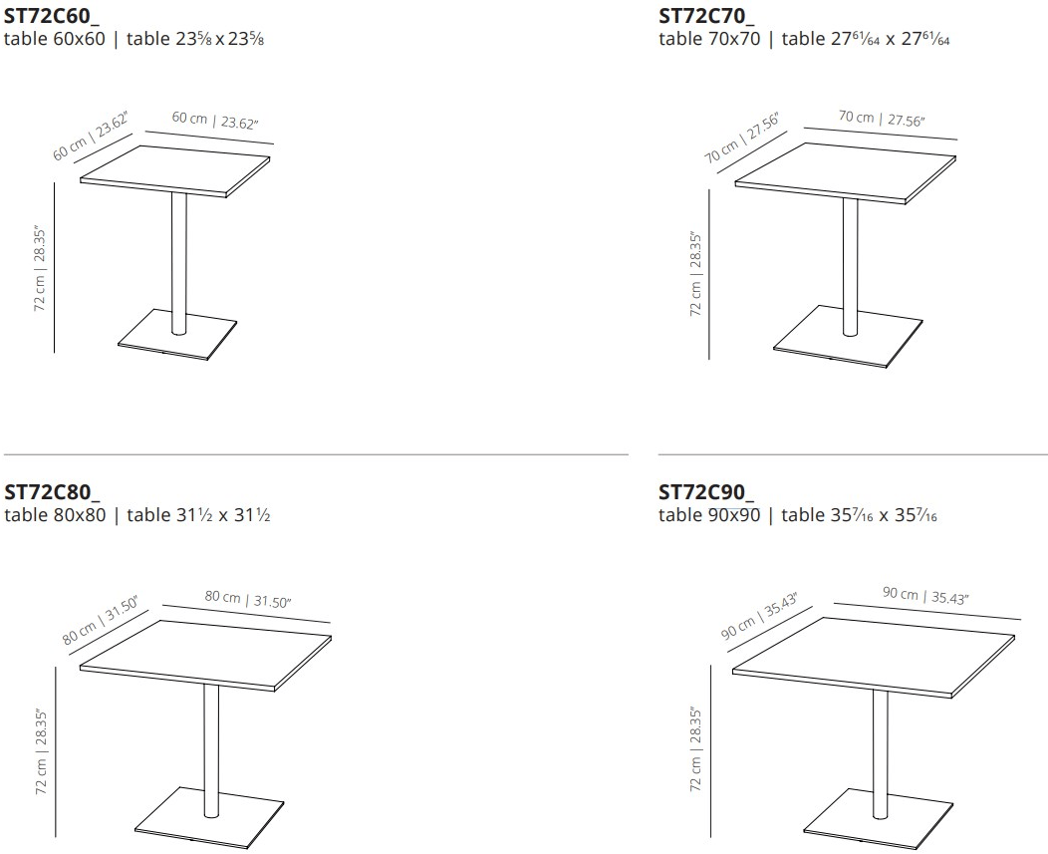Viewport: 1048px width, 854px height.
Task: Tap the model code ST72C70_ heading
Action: point(705,15)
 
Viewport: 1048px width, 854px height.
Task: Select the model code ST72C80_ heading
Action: point(52,491)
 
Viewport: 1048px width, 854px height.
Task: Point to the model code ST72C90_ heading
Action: point(705,491)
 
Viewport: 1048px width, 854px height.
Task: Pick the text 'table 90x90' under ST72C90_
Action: point(709,515)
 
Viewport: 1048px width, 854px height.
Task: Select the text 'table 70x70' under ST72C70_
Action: point(709,39)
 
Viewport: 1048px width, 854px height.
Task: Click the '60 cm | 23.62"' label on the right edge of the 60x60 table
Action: point(215,121)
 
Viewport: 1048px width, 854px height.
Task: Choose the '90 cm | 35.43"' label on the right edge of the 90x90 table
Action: point(926,596)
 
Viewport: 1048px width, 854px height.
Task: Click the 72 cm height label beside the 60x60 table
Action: point(40,271)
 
